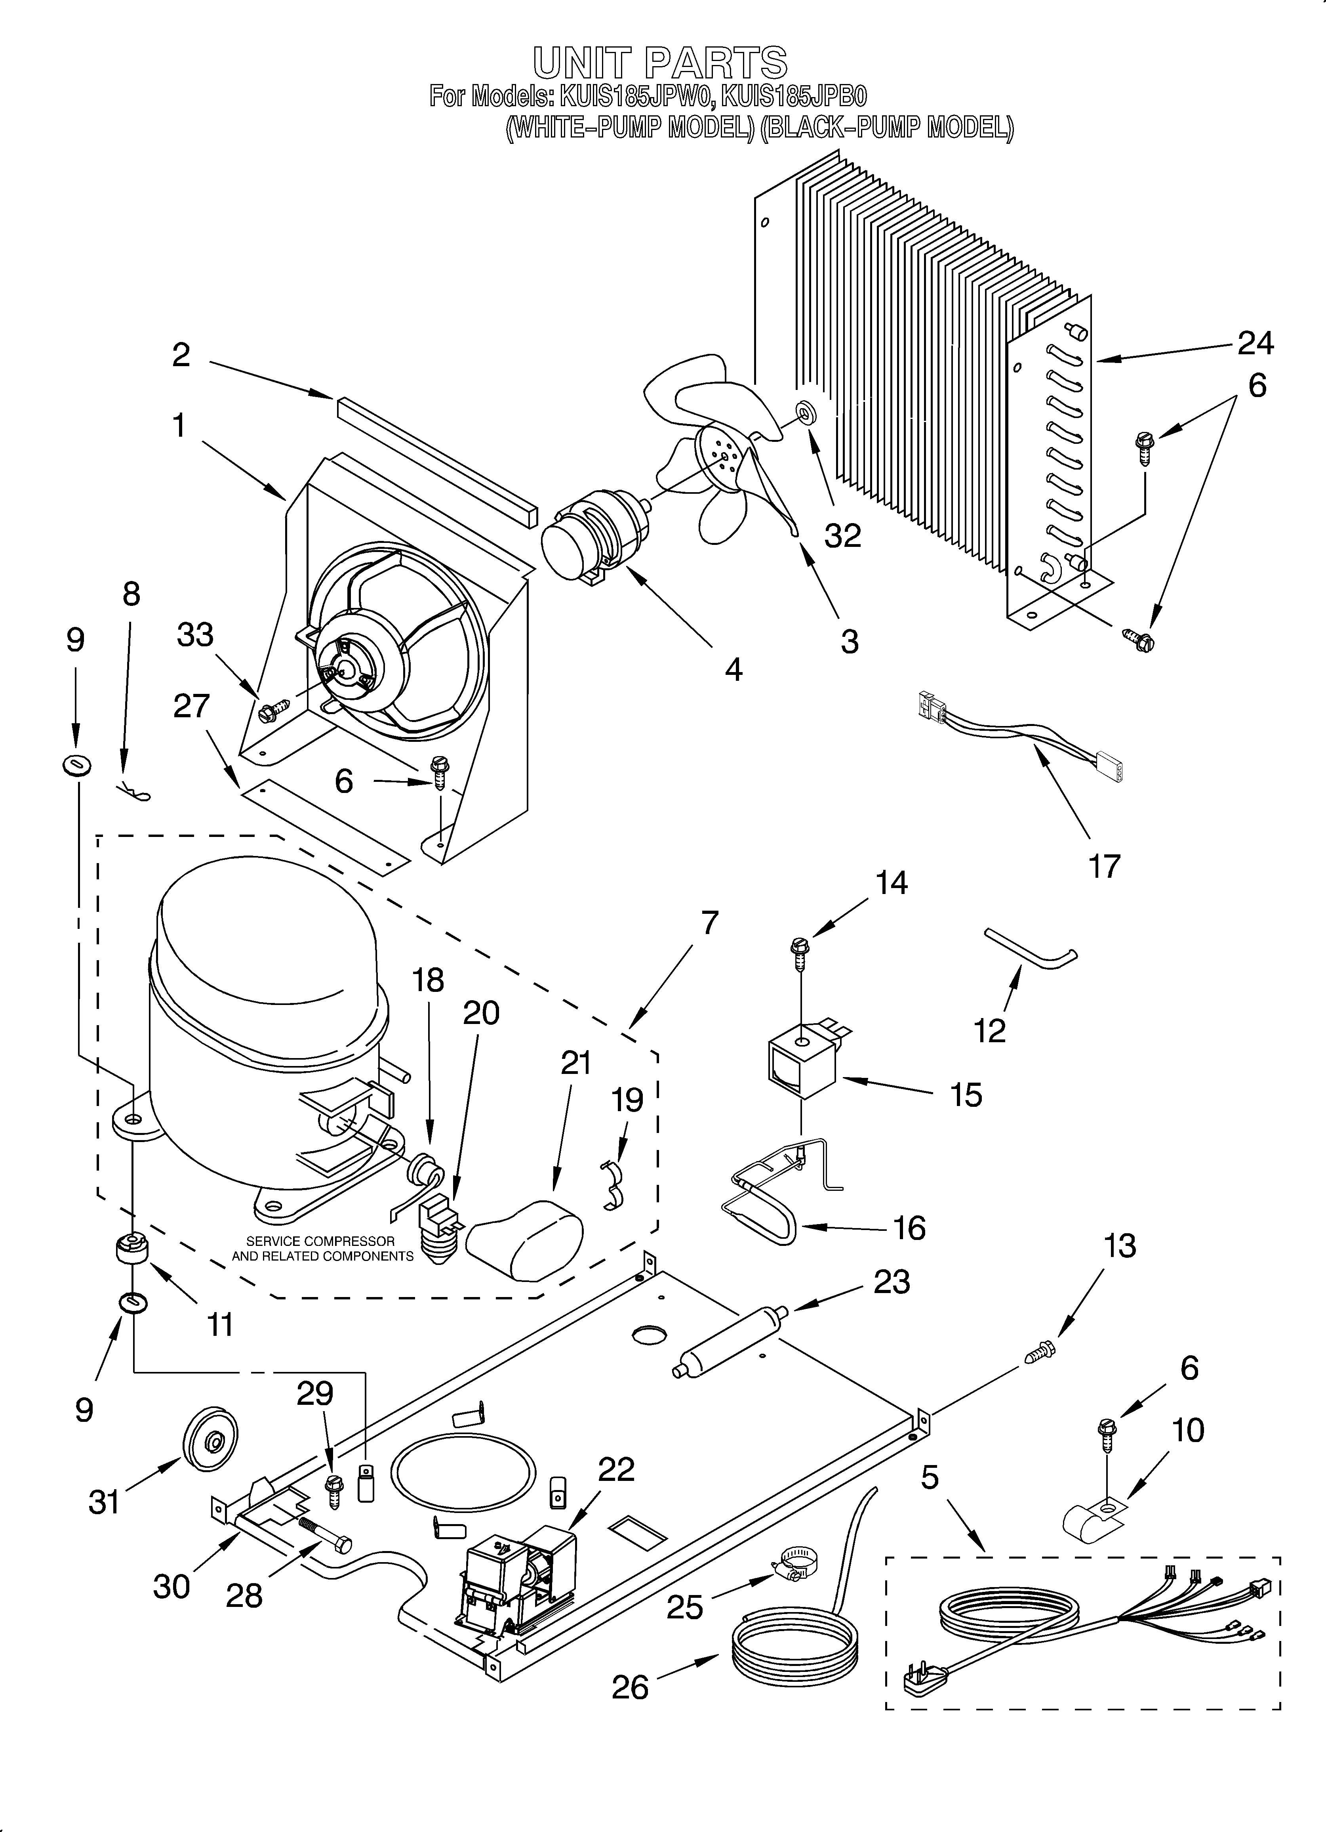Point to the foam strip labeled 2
(x=436, y=460)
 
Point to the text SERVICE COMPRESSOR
(x=320, y=1241)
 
